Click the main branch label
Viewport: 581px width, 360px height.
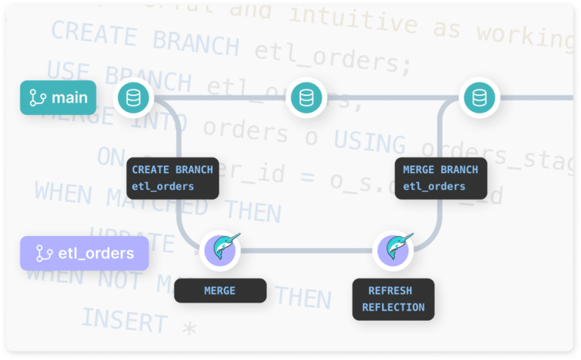click(58, 98)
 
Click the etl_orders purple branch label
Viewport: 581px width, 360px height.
click(84, 253)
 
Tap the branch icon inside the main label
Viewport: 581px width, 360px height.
click(38, 98)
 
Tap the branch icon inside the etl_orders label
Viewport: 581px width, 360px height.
click(45, 253)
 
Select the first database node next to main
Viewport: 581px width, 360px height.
click(133, 98)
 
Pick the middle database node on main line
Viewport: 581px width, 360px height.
click(306, 98)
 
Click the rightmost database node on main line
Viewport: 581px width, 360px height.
click(478, 98)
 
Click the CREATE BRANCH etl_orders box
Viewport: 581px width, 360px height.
click(172, 178)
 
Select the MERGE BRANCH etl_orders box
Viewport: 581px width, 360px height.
click(440, 178)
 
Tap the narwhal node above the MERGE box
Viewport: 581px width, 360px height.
click(220, 250)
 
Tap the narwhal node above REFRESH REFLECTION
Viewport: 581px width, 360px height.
click(393, 250)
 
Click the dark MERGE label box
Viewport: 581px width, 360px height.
click(220, 290)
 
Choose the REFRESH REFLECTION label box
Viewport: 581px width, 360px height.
click(393, 299)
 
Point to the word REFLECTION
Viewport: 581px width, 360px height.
click(393, 307)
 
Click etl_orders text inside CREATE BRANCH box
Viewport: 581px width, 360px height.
click(163, 186)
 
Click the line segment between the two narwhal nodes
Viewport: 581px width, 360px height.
click(306, 250)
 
